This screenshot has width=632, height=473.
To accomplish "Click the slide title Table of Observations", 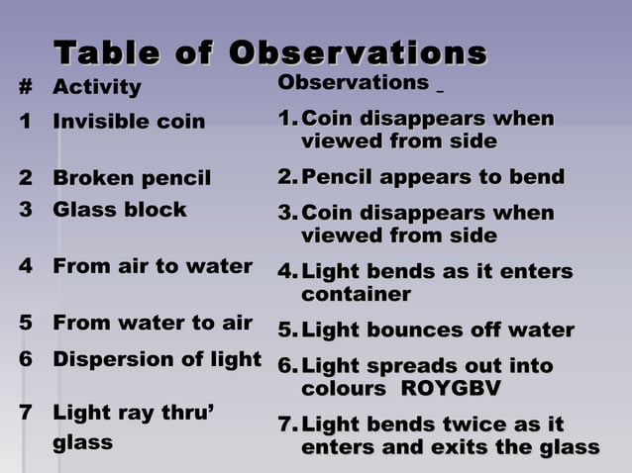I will [x=269, y=51].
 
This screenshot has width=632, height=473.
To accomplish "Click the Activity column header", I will [x=97, y=88].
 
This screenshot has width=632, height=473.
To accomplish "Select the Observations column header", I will [x=353, y=82].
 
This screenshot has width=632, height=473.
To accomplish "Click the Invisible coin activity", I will [x=129, y=123].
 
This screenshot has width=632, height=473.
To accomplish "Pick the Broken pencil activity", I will [x=132, y=179].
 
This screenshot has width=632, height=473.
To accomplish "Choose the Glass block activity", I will [x=119, y=210].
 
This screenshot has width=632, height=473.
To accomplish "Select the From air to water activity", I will [x=153, y=266].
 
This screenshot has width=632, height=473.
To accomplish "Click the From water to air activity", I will [x=153, y=323].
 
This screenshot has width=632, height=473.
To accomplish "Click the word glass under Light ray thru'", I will [x=82, y=442].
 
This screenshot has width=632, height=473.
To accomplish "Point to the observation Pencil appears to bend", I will [x=433, y=178].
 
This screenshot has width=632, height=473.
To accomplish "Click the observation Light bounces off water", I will [x=437, y=330].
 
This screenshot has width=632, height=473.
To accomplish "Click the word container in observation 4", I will [x=356, y=295].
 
